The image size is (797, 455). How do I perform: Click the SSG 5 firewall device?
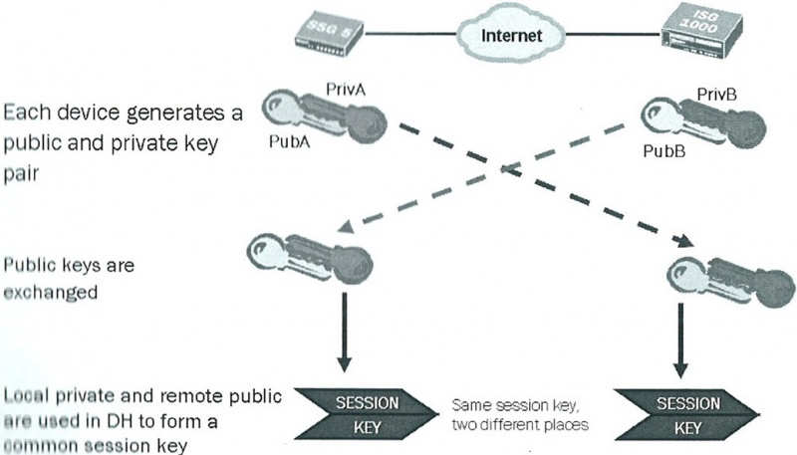coord(329,35)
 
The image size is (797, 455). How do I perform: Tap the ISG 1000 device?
coord(701,31)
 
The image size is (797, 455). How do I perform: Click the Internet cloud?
coord(511,35)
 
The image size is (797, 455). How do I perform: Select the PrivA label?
coord(345,90)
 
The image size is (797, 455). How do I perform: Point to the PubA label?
coord(289,141)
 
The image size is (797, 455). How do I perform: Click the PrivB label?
coord(716,95)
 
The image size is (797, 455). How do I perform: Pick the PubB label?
coord(664,150)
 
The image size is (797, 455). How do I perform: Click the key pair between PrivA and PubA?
coord(325,115)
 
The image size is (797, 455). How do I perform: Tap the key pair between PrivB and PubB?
coord(702,124)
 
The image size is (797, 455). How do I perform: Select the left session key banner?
coord(366,415)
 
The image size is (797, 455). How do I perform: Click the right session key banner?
coord(686,415)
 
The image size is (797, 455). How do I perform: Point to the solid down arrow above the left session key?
coord(344,333)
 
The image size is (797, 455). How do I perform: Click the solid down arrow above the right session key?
coord(680,341)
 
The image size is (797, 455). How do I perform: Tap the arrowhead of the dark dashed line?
coord(685,240)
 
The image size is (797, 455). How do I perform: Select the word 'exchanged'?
coord(51,293)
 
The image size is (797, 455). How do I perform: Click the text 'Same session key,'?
coord(515,405)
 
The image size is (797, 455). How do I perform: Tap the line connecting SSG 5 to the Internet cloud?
coord(410,34)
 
